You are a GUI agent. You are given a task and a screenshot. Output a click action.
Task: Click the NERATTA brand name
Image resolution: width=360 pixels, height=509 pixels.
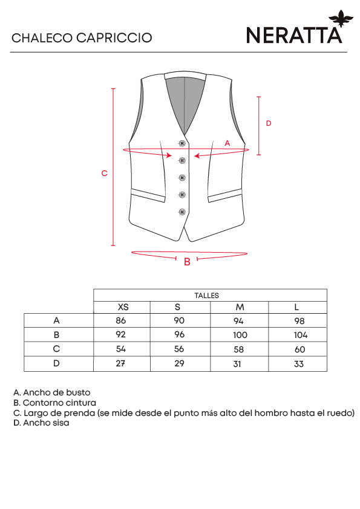pyautogui.click(x=294, y=35)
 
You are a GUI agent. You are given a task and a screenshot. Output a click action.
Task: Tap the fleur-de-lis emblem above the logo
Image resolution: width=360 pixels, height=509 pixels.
pyautogui.click(x=341, y=18)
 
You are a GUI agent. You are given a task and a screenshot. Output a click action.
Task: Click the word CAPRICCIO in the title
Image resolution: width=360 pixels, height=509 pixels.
pyautogui.click(x=114, y=38)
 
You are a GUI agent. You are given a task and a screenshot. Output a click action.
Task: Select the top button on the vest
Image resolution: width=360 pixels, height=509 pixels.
pyautogui.click(x=182, y=143)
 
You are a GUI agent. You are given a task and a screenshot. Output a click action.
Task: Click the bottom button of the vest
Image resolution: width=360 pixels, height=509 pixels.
pyautogui.click(x=182, y=212)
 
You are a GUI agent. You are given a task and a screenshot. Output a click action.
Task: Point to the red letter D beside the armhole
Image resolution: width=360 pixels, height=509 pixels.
pyautogui.click(x=269, y=123)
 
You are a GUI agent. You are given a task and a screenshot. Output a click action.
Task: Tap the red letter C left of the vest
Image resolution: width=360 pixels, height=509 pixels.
pyautogui.click(x=104, y=173)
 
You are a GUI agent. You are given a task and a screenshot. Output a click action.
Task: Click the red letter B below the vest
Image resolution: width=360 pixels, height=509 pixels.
pyautogui.click(x=187, y=262)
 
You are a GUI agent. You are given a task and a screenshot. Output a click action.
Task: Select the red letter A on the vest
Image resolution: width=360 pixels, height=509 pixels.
pyautogui.click(x=227, y=143)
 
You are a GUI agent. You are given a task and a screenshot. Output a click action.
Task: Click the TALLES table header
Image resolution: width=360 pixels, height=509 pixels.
pyautogui.click(x=207, y=296)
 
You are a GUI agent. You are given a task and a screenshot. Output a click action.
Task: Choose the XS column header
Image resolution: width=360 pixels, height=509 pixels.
pyautogui.click(x=123, y=307)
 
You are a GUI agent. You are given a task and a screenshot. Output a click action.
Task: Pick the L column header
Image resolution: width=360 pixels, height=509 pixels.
pyautogui.click(x=296, y=307)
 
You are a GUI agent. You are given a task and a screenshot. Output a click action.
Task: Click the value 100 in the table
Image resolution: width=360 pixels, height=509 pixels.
pyautogui.click(x=240, y=335)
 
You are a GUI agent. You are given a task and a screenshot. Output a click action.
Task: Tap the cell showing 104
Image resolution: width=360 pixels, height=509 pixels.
pyautogui.click(x=301, y=335)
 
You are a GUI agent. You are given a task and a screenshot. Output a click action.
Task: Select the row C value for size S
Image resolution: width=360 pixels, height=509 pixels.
pyautogui.click(x=179, y=349)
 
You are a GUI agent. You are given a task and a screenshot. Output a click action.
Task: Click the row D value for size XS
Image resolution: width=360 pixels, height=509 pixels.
pyautogui.click(x=120, y=363)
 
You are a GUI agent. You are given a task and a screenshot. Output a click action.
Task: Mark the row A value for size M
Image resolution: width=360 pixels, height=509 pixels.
pyautogui.click(x=238, y=321)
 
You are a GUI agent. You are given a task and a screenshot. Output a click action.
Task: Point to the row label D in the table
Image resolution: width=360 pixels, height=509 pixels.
pyautogui.click(x=56, y=363)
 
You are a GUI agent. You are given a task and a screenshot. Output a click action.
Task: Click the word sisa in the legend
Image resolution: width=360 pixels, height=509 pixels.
pyautogui.click(x=60, y=423)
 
